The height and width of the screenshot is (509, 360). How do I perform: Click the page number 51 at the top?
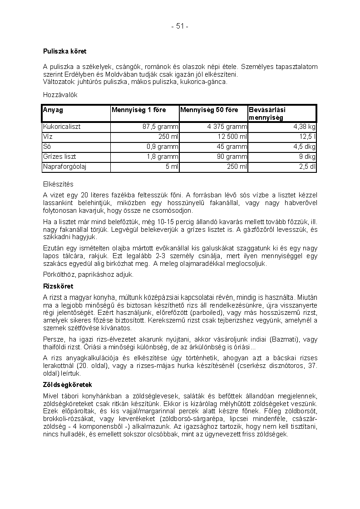[180, 26]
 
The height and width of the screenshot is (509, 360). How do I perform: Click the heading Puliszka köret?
[64, 51]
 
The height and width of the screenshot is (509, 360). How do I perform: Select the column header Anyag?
[53, 110]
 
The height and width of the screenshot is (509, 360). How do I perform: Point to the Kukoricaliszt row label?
[62, 127]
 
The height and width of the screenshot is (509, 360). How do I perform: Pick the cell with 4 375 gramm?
[227, 127]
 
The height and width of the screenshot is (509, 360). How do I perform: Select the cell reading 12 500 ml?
[232, 137]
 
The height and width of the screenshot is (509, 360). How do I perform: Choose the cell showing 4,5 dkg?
[304, 147]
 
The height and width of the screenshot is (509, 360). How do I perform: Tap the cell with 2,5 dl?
[307, 166]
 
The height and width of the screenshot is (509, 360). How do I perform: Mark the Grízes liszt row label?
[59, 157]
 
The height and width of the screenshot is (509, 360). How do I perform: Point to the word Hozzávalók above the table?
[60, 95]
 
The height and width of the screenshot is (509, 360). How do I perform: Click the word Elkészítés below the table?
[58, 184]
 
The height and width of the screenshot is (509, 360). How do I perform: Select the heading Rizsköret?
[58, 286]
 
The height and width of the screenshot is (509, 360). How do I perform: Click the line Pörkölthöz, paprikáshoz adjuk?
[89, 274]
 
